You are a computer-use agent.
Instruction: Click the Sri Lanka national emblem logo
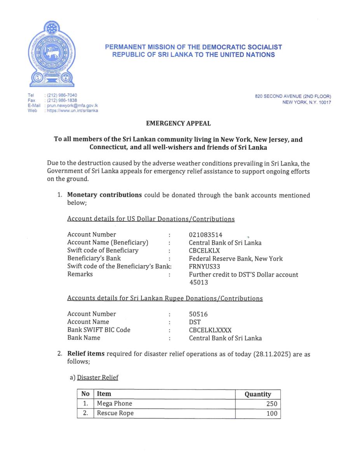point(52,54)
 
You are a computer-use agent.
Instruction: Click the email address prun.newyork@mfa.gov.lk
point(72,106)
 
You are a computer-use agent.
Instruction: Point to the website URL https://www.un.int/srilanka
point(72,111)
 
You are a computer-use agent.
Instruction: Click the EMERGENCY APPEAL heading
point(178,123)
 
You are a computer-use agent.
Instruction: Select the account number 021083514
point(206,235)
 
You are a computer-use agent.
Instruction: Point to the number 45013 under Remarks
point(198,282)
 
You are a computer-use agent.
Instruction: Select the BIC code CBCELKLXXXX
point(210,330)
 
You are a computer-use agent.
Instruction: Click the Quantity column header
point(257,394)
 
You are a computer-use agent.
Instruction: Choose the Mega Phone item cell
point(115,403)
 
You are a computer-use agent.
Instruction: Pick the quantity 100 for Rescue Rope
point(272,413)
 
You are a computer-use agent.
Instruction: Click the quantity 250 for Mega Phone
point(272,404)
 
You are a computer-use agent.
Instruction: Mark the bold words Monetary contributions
point(104,195)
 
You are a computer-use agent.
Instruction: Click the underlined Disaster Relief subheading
point(97,377)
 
